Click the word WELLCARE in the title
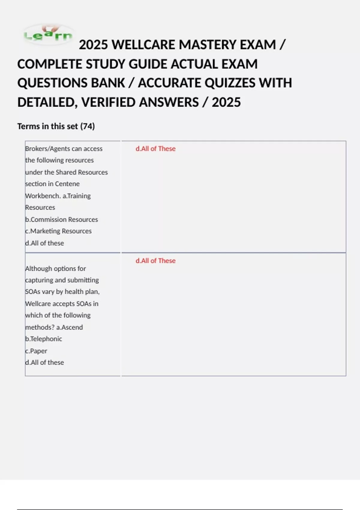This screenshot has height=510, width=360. (145, 45)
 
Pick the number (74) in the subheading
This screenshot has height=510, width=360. (87, 126)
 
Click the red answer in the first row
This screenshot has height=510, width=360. (155, 149)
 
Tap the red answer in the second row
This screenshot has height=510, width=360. (155, 261)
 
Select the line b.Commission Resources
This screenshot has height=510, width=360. (61, 220)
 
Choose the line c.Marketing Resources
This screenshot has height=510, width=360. (58, 231)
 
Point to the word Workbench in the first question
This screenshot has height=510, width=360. (42, 196)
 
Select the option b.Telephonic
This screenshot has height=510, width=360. (43, 339)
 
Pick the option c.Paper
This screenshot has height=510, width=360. (36, 351)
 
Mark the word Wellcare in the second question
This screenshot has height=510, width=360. (38, 304)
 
